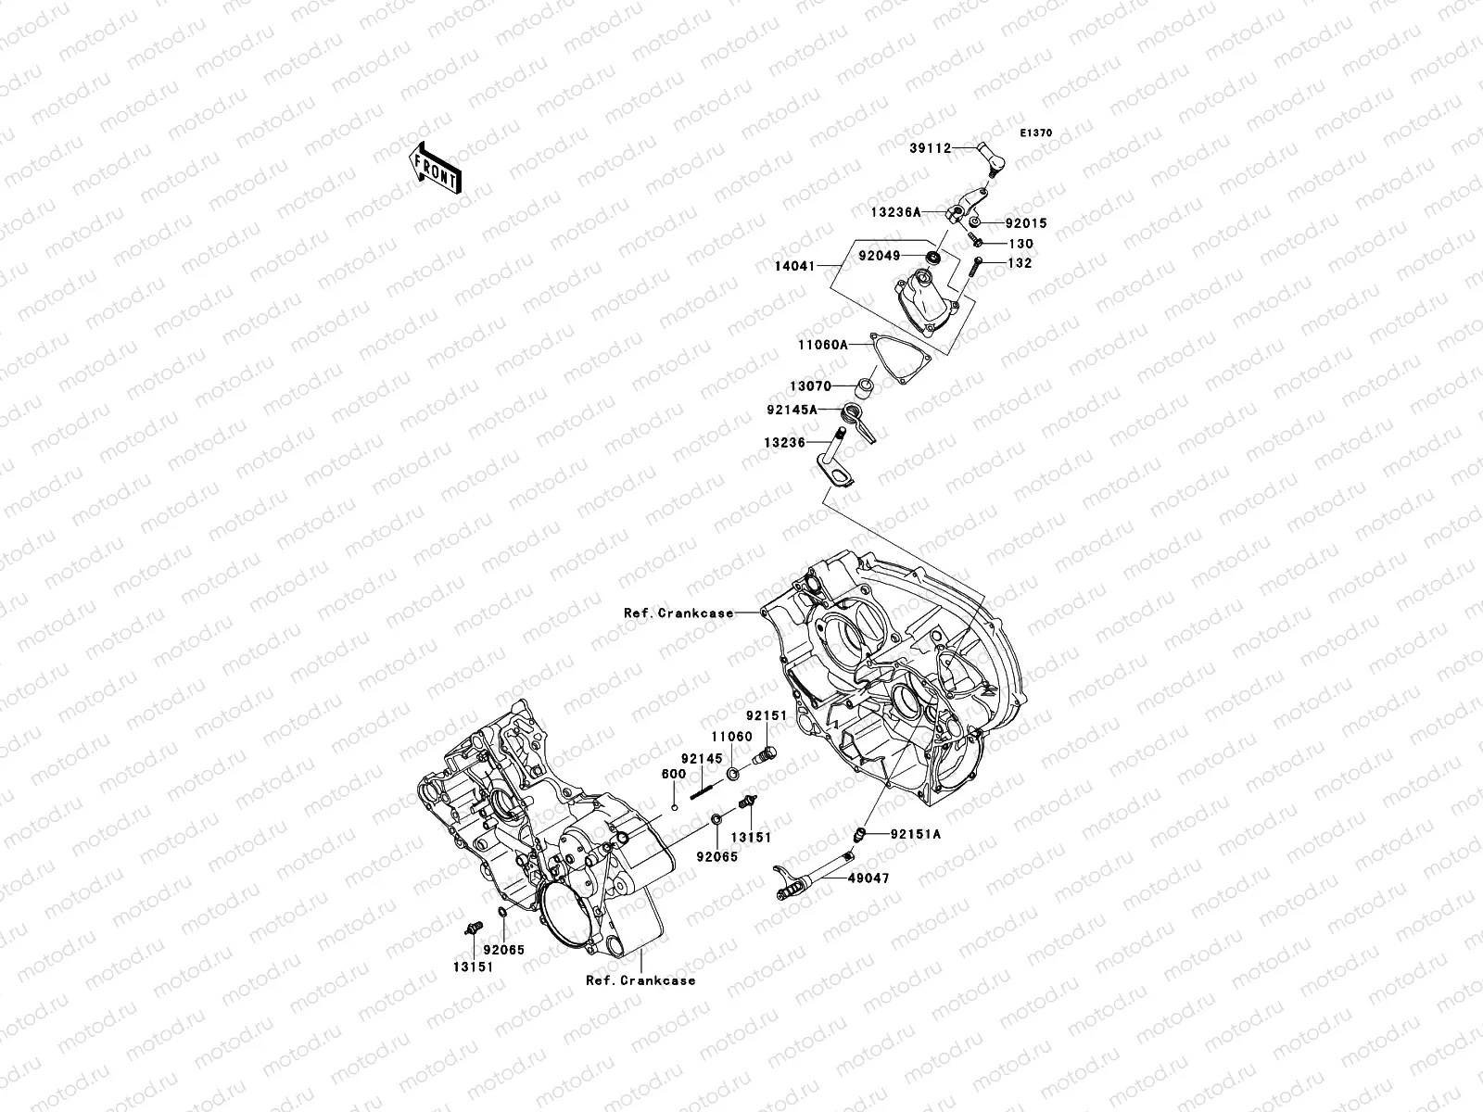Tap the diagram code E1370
[x=1036, y=133]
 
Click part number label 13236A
[x=895, y=212]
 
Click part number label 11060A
[x=823, y=344]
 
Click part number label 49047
[x=868, y=878]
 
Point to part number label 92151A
[x=915, y=834]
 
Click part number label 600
[x=674, y=774]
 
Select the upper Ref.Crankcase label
[x=678, y=613]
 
